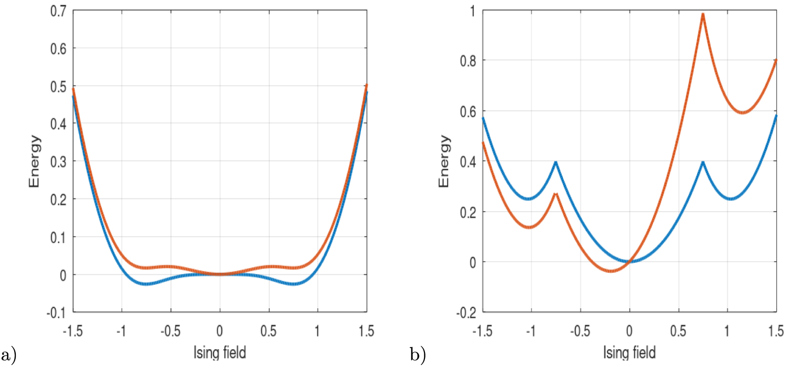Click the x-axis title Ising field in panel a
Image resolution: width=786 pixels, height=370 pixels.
pyautogui.click(x=220, y=353)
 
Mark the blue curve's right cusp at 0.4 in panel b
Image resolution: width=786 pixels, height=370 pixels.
pyautogui.click(x=703, y=162)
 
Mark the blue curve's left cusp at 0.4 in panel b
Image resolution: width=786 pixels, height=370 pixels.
pyautogui.click(x=556, y=162)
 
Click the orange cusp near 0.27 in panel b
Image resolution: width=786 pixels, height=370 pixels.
pyautogui.click(x=556, y=194)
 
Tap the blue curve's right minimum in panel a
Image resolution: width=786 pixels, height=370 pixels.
pyautogui.click(x=294, y=283)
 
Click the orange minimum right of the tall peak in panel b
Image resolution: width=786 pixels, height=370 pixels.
pyautogui.click(x=743, y=112)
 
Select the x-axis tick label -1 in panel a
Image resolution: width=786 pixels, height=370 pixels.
pyautogui.click(x=121, y=331)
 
